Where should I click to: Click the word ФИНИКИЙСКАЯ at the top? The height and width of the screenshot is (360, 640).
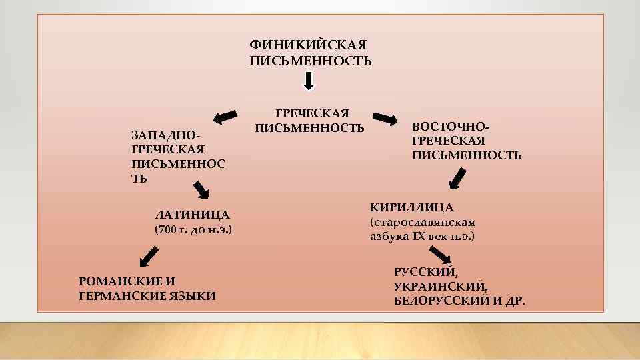(307, 45)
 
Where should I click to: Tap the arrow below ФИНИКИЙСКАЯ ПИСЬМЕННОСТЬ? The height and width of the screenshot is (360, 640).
(308, 81)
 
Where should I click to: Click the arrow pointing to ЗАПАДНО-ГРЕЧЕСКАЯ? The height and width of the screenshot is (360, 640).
(227, 116)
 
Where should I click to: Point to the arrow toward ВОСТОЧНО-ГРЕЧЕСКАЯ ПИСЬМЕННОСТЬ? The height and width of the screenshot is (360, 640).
(384, 119)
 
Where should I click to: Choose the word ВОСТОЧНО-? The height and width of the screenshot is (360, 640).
(451, 126)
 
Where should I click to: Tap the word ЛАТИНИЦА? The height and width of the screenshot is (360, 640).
(191, 215)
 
